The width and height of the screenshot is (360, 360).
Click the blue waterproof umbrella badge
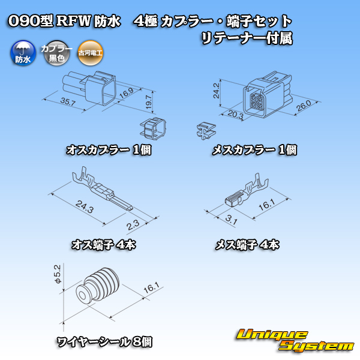coord(23,53)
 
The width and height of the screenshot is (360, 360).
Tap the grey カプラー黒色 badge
coord(56,53)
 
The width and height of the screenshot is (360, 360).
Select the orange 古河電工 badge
coord(90,53)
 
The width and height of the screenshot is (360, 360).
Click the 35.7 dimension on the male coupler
coord(68,101)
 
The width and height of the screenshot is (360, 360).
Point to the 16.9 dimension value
coord(127,92)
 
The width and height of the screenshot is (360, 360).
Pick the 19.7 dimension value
coord(149,102)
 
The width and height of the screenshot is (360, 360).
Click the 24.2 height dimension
coord(216,91)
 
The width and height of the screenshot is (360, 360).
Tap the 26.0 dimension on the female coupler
coord(304,106)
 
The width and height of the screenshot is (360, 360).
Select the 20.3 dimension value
coord(236,115)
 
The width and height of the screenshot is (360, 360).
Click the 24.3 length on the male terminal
coord(85,206)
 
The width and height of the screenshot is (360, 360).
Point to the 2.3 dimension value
coord(133,225)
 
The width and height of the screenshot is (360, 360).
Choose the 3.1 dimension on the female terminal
coord(231,220)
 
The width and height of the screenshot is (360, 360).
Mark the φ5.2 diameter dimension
coord(58,274)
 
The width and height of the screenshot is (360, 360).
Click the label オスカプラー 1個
coord(109,150)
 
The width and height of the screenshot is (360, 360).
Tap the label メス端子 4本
coord(247,245)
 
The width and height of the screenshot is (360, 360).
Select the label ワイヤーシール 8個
coord(104,342)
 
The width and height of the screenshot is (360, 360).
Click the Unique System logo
coord(295,340)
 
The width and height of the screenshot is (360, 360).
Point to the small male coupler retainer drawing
coord(153,129)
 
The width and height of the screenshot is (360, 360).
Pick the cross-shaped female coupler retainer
coord(206,131)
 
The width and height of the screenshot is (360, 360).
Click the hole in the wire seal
coord(82,295)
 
